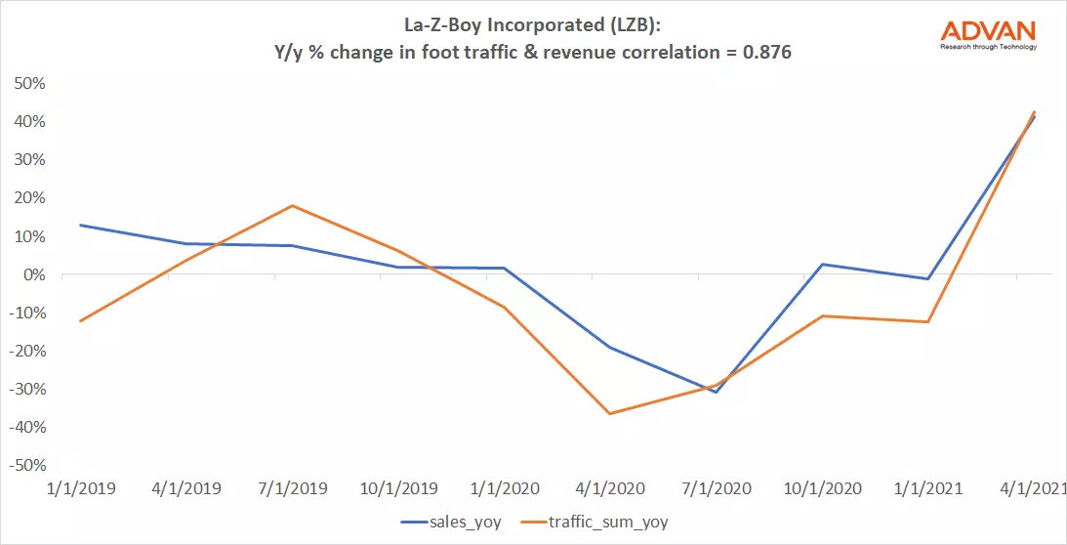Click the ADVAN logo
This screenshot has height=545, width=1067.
pyautogui.click(x=988, y=34)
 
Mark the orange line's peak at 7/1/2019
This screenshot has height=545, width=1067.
pyautogui.click(x=292, y=205)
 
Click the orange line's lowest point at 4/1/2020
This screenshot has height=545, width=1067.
pyautogui.click(x=609, y=414)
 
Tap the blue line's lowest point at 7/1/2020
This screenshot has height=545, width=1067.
pyautogui.click(x=716, y=393)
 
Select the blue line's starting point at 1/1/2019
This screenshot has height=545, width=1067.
pyautogui.click(x=80, y=225)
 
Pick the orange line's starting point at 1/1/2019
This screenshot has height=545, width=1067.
pyautogui.click(x=80, y=321)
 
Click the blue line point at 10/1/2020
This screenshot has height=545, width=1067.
pyautogui.click(x=822, y=264)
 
